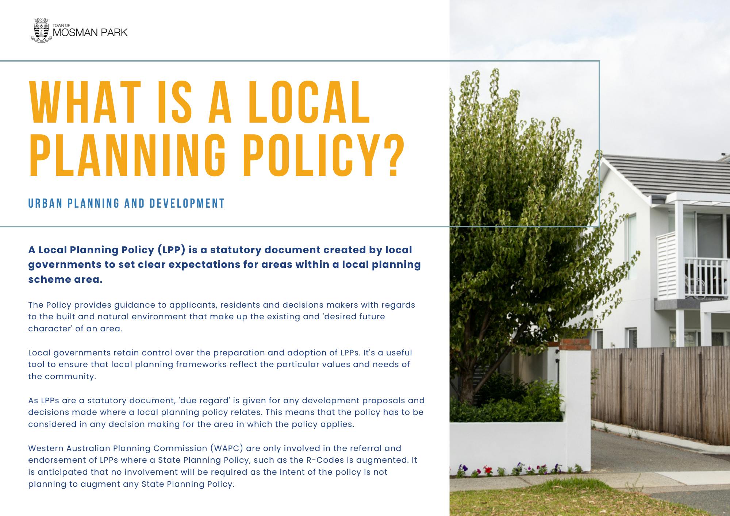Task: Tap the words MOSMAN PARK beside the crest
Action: [90, 33]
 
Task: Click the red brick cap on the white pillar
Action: [575, 344]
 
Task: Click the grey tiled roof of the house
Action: [664, 175]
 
